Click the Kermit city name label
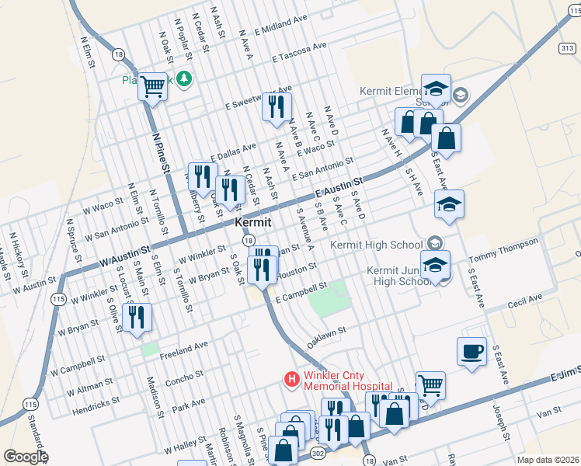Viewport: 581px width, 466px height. coord(253,222)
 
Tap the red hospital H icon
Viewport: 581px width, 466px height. coord(291,379)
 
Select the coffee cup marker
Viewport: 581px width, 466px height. coord(472,352)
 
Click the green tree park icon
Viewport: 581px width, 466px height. coord(184,78)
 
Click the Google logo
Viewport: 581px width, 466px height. coord(25,457)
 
